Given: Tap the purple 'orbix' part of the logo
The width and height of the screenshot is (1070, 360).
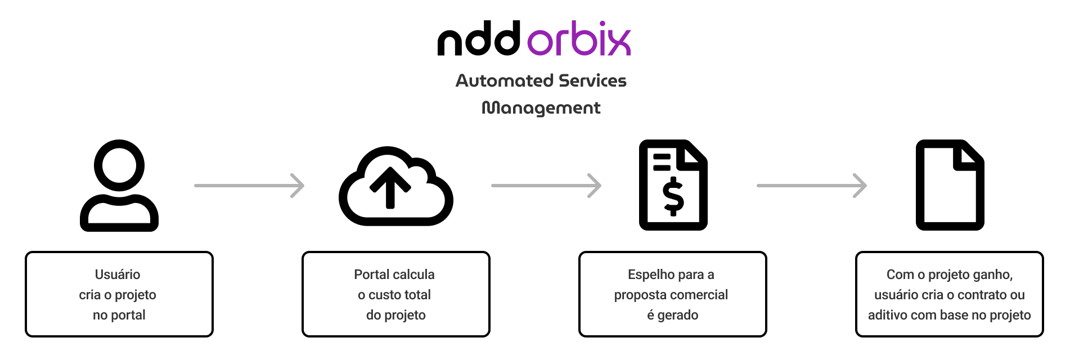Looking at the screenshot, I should point(579,39).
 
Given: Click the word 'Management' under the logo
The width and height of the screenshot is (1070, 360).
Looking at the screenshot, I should point(541,108).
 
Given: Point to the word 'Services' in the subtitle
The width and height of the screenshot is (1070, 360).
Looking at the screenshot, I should point(592,81).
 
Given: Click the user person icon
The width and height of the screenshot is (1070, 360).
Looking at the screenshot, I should point(119,186).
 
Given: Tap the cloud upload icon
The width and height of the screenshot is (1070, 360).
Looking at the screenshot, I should point(395,186).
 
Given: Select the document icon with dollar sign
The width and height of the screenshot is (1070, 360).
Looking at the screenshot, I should point(673,185).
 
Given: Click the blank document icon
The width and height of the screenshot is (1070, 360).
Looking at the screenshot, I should point(950,185).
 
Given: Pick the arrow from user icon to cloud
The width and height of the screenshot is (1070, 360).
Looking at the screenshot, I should point(249,186).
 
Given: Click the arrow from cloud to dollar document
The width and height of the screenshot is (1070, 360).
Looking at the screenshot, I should point(546,186).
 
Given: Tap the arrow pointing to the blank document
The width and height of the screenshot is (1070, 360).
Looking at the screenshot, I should point(812,186).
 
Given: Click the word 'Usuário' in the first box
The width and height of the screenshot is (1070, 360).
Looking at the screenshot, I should point(118,274).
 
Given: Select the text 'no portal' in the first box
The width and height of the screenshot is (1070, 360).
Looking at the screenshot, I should point(119,315).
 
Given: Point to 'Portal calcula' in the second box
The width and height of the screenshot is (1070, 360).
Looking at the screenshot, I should point(394,274).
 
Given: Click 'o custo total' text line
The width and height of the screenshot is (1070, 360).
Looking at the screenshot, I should point(394,295).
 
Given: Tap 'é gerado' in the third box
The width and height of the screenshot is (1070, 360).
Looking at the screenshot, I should point(673,315).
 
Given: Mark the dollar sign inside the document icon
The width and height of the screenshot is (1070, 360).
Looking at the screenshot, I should point(673,196).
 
